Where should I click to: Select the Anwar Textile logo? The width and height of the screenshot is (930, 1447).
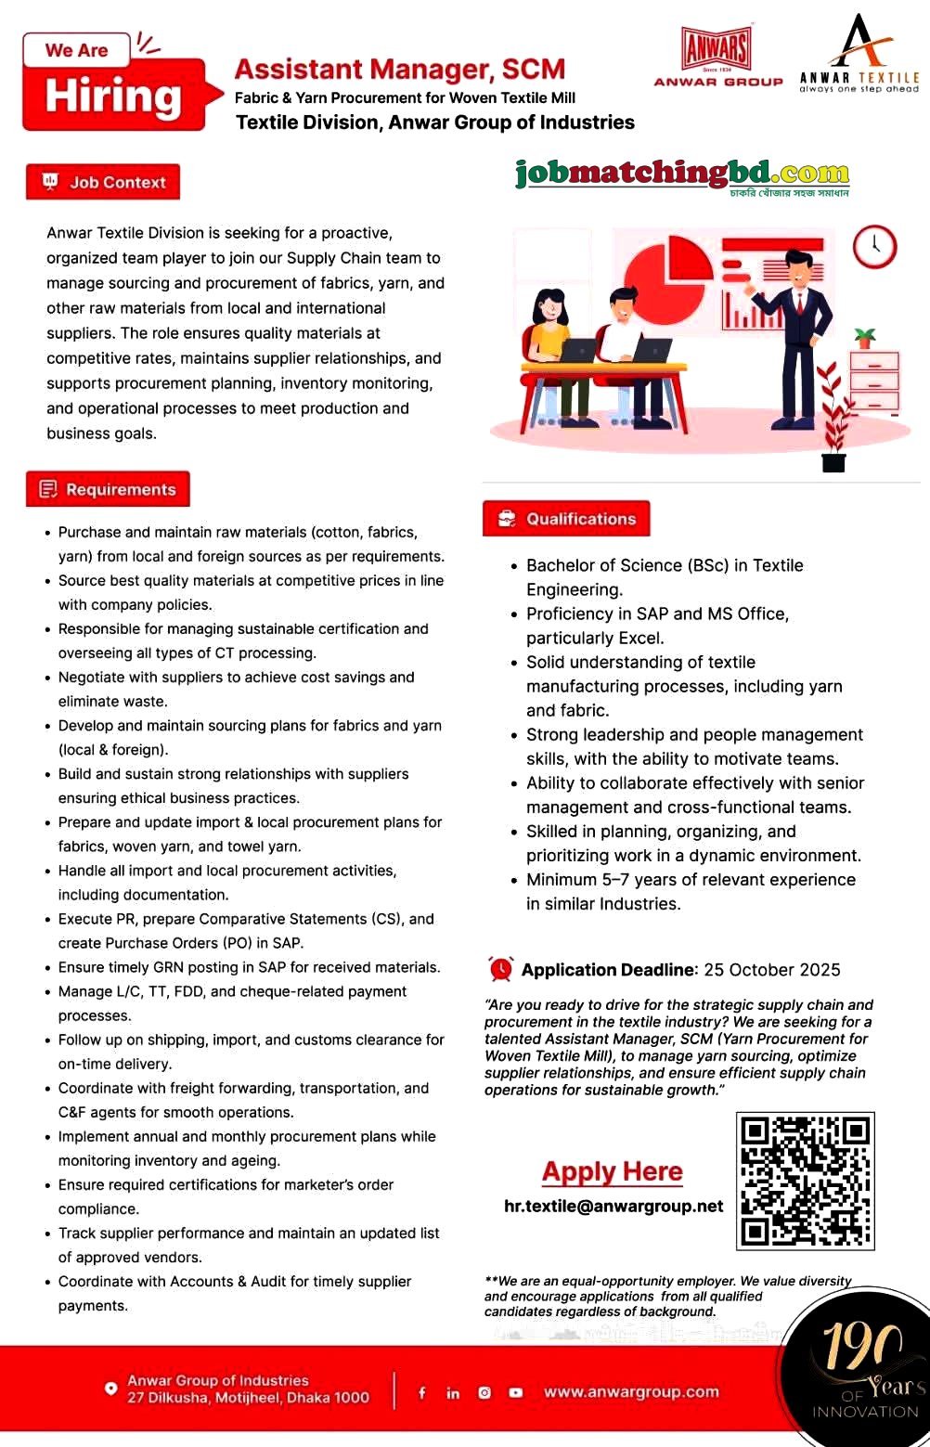click(859, 56)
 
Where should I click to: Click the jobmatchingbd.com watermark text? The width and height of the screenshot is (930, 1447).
click(682, 174)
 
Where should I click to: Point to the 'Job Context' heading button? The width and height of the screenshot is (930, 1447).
click(103, 182)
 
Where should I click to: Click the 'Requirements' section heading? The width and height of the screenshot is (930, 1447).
click(108, 489)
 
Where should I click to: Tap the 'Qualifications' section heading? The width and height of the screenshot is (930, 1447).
click(566, 519)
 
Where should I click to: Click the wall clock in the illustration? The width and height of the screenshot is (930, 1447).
click(874, 247)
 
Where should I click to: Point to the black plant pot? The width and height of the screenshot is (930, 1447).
click(833, 460)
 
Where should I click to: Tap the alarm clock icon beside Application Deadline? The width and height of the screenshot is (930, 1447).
click(501, 969)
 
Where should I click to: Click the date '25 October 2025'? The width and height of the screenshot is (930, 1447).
click(771, 970)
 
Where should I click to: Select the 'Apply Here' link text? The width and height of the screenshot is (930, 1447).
click(613, 1171)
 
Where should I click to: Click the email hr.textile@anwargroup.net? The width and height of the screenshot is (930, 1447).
click(614, 1206)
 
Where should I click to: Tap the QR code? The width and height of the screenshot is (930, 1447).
click(806, 1181)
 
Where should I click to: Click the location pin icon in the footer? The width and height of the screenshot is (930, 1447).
click(110, 1389)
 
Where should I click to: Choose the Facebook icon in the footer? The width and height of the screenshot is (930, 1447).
click(422, 1392)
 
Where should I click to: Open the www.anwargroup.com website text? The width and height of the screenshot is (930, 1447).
click(631, 1392)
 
